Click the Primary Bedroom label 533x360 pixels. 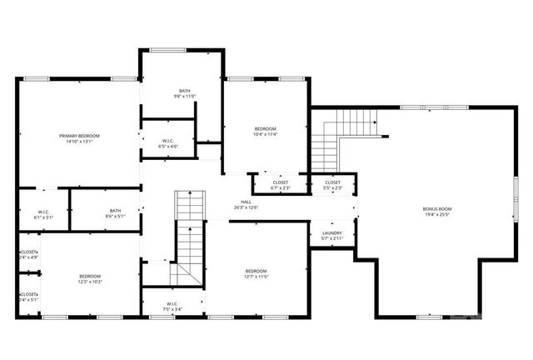(79, 136)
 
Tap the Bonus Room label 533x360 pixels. (437, 208)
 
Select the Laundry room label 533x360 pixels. (332, 233)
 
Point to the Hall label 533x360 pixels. (247, 202)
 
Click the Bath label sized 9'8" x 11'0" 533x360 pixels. (185, 91)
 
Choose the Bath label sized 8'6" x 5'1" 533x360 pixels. (115, 211)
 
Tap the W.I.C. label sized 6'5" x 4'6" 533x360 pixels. (167, 141)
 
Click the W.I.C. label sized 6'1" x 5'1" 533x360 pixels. (43, 212)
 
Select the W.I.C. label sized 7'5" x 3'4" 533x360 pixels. (172, 303)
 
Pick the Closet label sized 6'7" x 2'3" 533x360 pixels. (281, 182)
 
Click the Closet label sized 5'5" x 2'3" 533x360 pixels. (332, 182)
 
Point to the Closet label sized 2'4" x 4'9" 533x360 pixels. (29, 252)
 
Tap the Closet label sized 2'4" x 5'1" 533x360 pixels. (29, 294)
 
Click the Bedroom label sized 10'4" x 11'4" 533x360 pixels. (266, 128)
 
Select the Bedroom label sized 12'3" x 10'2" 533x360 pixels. (90, 276)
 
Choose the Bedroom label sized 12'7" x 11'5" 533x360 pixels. (256, 271)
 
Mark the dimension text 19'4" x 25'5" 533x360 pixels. (437, 214)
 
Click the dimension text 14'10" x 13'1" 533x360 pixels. (79, 142)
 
